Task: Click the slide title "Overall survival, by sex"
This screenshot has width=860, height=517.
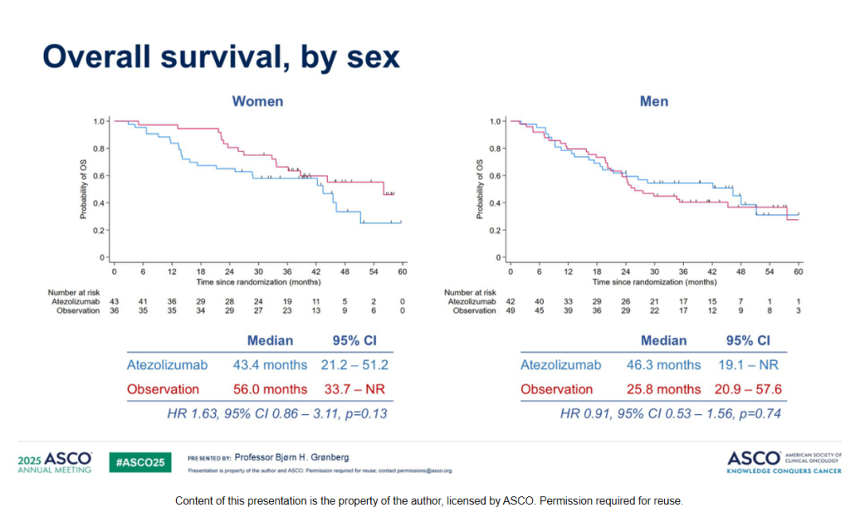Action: (x=221, y=57)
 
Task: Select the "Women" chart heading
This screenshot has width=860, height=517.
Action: (x=257, y=101)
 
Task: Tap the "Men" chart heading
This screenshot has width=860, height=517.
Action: (x=654, y=101)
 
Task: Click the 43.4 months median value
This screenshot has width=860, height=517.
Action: (x=270, y=365)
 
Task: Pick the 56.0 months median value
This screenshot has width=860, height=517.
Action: (x=270, y=390)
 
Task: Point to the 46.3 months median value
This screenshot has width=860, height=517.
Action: (x=663, y=365)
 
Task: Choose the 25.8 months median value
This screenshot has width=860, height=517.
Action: (x=663, y=390)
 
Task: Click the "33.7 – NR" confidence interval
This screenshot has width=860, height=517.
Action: (x=355, y=390)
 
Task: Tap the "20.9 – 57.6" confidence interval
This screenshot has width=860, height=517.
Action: (x=749, y=390)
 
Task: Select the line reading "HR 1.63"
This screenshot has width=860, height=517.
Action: (x=277, y=413)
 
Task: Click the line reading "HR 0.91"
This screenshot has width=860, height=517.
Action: (x=670, y=413)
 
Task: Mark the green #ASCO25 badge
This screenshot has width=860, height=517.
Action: (x=139, y=462)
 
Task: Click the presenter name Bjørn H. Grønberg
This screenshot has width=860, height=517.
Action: (x=303, y=457)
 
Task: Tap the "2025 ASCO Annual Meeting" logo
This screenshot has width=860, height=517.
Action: (x=54, y=462)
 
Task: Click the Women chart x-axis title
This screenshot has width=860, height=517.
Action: (x=259, y=282)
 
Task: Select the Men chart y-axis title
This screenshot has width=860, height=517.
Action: (x=480, y=190)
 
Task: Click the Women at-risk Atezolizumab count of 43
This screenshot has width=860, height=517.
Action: (x=114, y=302)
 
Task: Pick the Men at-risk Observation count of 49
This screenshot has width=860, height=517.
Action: (x=510, y=311)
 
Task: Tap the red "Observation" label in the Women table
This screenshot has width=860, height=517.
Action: (x=162, y=390)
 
